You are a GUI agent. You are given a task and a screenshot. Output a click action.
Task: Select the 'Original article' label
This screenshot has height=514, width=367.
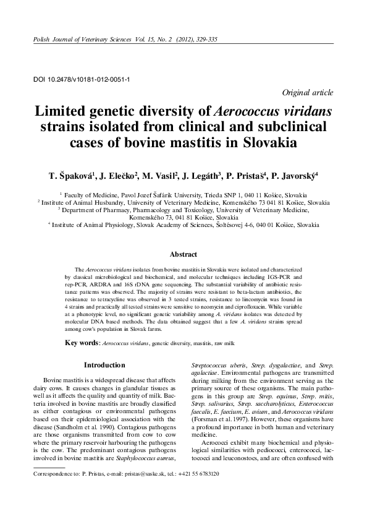[308, 92]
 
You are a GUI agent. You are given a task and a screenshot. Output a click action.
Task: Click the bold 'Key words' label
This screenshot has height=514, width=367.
[82, 342]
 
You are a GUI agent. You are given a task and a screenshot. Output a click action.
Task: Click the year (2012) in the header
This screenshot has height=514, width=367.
[174, 40]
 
